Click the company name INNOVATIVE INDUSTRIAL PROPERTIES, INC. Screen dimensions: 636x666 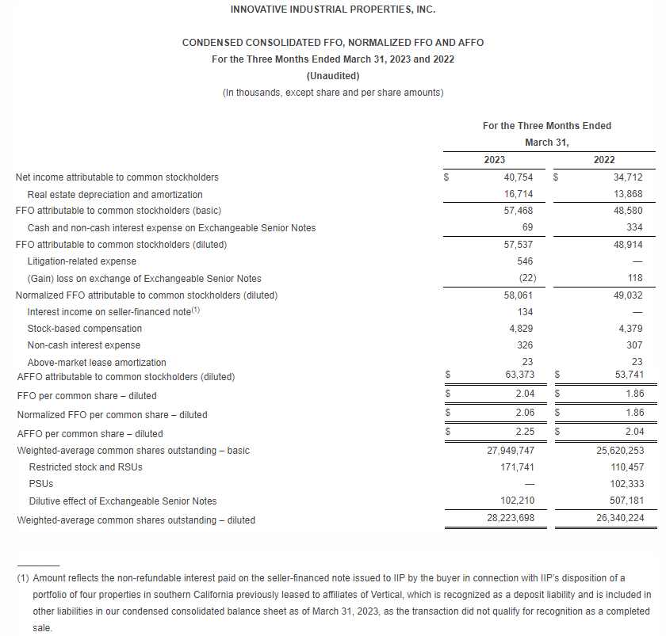[332, 10]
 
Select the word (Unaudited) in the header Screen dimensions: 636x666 [332, 76]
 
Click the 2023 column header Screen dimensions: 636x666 [494, 160]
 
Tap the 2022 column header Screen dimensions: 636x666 [603, 160]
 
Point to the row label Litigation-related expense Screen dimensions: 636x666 [82, 261]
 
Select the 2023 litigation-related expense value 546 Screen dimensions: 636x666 [525, 261]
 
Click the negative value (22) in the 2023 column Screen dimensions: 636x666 [524, 278]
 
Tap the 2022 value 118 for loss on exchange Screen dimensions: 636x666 [634, 278]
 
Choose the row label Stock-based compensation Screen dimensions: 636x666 [85, 329]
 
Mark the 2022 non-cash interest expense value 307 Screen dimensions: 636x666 [634, 345]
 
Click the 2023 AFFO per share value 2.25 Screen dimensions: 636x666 [523, 433]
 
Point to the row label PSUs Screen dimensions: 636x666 [40, 484]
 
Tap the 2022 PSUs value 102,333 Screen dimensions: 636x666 [624, 484]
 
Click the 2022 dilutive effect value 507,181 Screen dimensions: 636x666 [624, 501]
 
